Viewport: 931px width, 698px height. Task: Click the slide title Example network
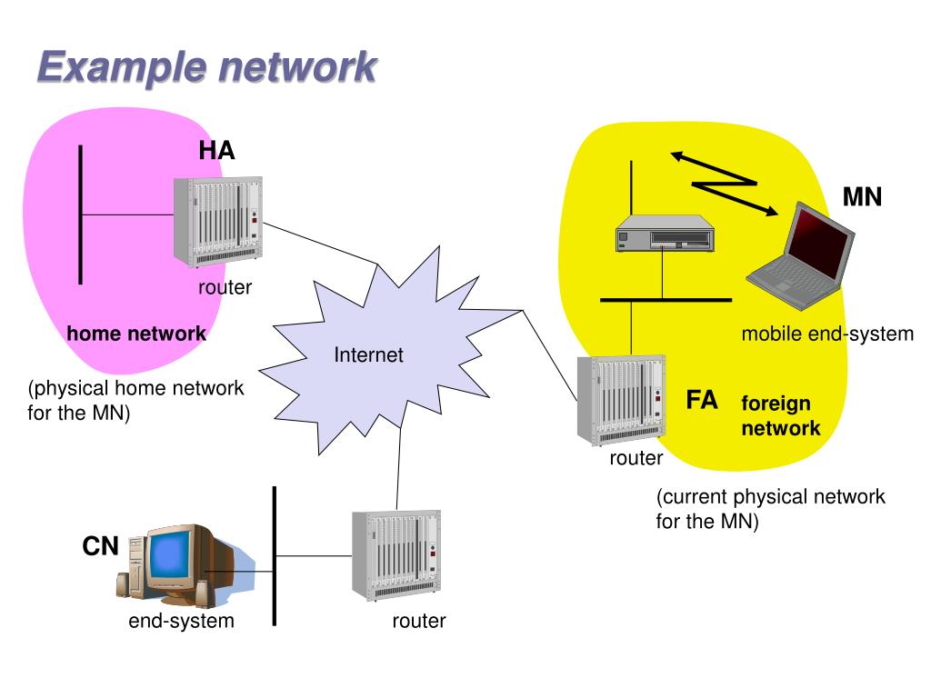206,68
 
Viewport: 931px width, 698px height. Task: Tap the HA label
217,151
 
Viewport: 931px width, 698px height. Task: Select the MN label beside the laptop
862,196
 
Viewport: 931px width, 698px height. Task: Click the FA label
702,400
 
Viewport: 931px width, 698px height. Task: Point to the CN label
101,546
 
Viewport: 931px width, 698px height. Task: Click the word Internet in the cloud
368,354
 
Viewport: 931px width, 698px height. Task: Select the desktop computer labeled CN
168,563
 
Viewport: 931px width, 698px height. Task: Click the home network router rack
217,223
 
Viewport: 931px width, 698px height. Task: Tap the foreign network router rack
621,400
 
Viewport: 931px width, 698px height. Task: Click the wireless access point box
663,234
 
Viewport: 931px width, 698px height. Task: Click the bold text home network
136,334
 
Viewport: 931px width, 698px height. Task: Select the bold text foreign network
780,415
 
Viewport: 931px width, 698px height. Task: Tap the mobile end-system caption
826,334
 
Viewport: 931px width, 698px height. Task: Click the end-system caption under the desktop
181,621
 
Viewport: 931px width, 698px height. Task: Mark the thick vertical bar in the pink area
81,214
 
